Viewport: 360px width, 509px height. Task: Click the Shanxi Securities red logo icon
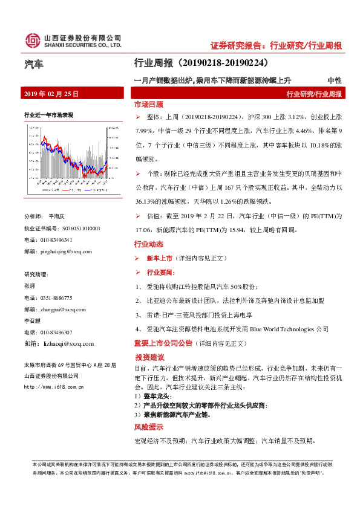(31, 41)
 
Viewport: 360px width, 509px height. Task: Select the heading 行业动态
(148, 245)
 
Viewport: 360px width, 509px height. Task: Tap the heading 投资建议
(150, 357)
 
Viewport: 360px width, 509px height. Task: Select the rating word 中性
(334, 80)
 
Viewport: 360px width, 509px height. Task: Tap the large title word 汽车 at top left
(34, 63)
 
